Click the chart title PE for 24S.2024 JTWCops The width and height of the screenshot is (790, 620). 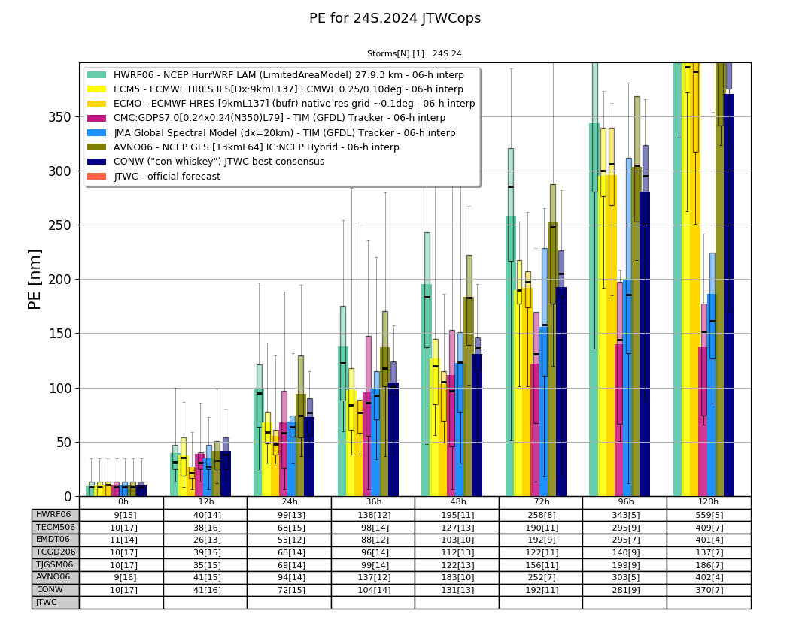click(395, 18)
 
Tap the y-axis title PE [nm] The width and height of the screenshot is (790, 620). click(35, 280)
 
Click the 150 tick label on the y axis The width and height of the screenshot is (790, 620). click(60, 334)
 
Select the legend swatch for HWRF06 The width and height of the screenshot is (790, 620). click(97, 75)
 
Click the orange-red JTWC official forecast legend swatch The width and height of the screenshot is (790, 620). click(97, 177)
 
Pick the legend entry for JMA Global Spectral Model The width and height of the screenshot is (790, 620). click(284, 133)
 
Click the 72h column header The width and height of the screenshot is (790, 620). click(541, 502)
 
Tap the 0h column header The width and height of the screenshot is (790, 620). click(123, 502)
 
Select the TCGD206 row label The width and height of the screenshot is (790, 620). click(56, 552)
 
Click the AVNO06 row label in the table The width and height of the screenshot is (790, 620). click(53, 577)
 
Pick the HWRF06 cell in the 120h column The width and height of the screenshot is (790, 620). click(709, 515)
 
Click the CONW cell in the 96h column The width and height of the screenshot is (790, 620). click(624, 590)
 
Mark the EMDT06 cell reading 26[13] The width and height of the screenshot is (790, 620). click(205, 540)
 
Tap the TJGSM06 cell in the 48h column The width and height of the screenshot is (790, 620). click(457, 564)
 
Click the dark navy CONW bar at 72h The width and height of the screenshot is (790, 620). click(561, 392)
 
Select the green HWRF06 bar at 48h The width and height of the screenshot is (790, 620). click(427, 391)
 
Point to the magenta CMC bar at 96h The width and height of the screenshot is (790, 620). click(619, 421)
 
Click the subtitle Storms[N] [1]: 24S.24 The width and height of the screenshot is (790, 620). click(414, 54)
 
